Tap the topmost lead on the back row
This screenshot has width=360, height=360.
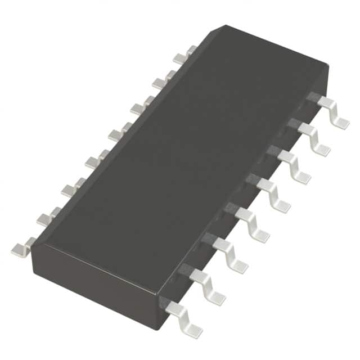coord(183,55)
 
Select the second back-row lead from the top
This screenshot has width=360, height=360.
coord(162,81)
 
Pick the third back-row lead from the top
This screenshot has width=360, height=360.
coord(141,106)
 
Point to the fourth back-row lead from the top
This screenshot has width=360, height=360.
coord(119,133)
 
